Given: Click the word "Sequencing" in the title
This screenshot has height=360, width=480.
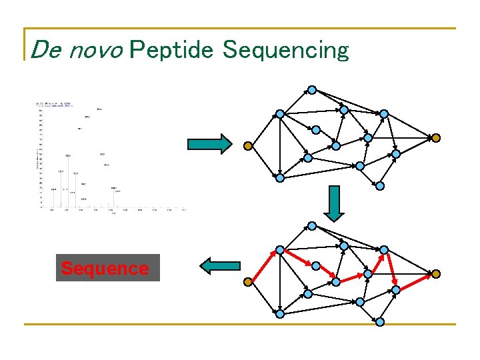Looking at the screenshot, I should click(285, 50).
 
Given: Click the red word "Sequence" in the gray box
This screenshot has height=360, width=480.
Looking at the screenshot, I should click(105, 269).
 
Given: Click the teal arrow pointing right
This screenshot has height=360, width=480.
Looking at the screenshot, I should click(209, 143).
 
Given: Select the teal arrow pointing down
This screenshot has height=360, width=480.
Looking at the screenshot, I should click(335, 203).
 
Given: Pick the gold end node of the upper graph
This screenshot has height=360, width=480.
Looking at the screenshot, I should click(435, 138).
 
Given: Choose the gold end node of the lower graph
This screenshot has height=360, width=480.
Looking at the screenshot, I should click(435, 274).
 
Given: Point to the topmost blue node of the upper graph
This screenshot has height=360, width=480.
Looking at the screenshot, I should click(311, 90).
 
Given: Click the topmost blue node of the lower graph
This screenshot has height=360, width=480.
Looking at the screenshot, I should click(311, 226).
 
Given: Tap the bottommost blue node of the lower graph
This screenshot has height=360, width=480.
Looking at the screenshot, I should click(380, 322).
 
